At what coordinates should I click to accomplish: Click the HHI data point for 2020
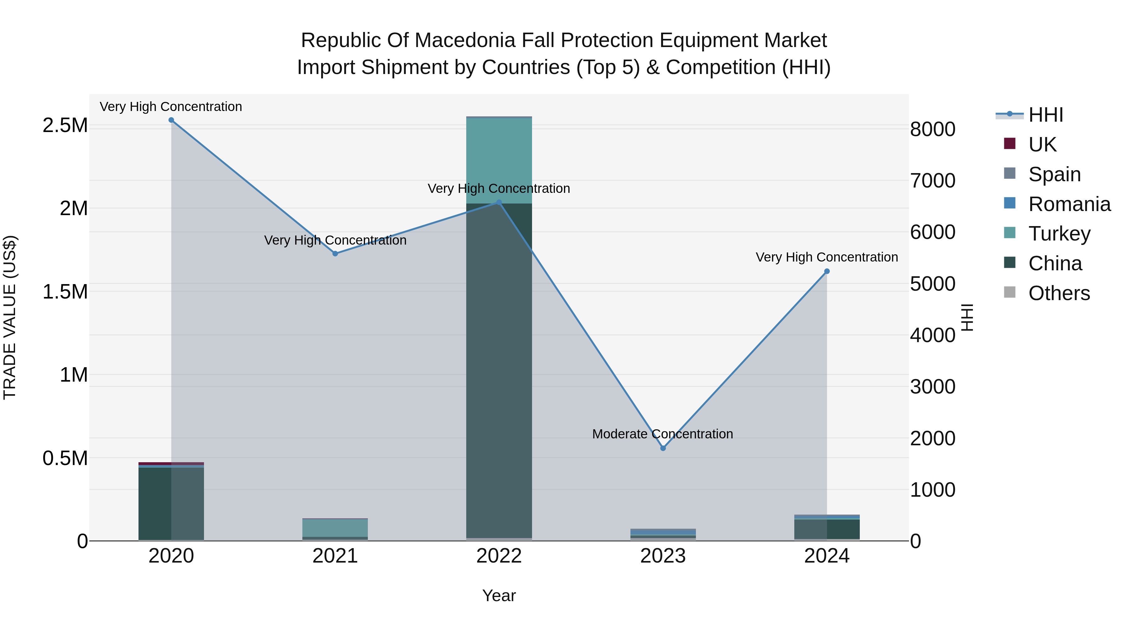point(171,120)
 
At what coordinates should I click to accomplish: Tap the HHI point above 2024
point(827,271)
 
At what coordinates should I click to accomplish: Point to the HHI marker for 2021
point(335,253)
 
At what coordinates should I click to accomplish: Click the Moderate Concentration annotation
point(662,434)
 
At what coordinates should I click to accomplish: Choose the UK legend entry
point(1042,145)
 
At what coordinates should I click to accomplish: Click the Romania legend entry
point(1069,204)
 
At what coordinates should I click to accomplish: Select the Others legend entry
point(1058,293)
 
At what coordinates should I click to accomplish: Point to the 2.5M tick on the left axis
point(65,125)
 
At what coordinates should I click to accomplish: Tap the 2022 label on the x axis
point(499,556)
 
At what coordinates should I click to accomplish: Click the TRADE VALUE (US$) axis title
point(10,317)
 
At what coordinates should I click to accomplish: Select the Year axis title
point(499,595)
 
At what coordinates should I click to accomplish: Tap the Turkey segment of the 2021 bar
point(335,528)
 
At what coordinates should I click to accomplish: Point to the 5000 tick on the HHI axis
point(933,284)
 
